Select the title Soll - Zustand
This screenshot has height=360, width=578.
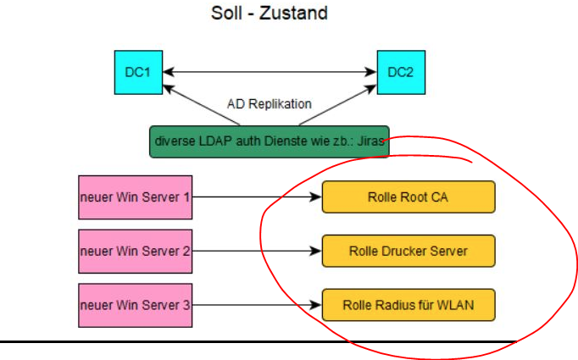coord(268,14)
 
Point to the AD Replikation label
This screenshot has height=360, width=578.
coord(270,104)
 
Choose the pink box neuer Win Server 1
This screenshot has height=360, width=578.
coord(135,197)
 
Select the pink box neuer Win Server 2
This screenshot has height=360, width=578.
coord(135,251)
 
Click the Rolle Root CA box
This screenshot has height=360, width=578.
coord(408,197)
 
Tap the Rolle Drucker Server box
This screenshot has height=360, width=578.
coord(408,251)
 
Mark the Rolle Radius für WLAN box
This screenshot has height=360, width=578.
coord(408,304)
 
